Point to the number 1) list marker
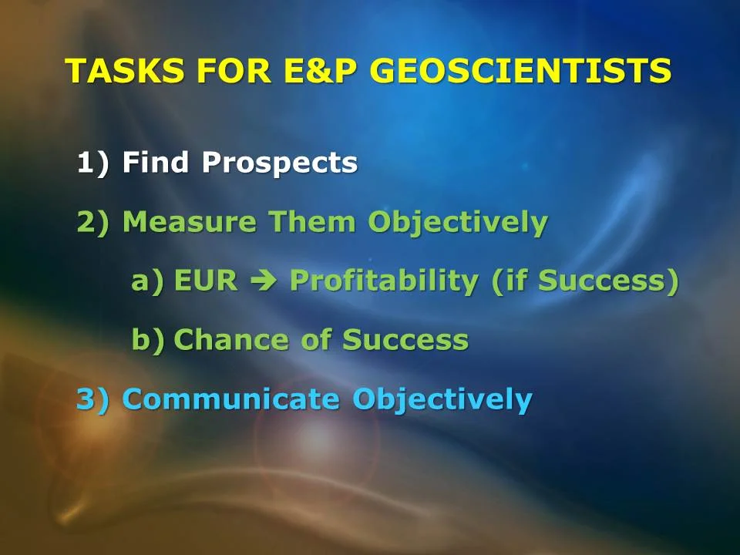(93, 163)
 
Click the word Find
(156, 163)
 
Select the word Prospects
(280, 163)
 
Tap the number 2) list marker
(93, 222)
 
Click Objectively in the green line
(457, 222)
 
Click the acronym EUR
(206, 281)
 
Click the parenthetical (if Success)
(585, 281)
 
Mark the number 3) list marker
(93, 399)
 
